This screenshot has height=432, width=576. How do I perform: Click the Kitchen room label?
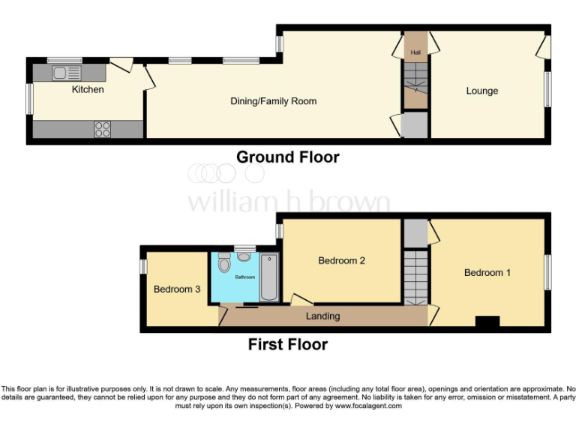pos(88,89)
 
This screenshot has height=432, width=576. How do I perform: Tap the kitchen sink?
pos(67,73)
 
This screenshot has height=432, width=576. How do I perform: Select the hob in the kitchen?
pos(103,129)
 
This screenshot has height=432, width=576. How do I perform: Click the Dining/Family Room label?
pos(273,100)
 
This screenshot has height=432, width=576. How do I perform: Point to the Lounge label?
pos(481,91)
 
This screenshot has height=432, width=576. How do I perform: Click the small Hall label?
pos(415,52)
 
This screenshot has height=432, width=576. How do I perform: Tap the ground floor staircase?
pos(415,82)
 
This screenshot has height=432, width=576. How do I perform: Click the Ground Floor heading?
pos(287,157)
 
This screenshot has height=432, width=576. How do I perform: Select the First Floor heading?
pos(287,345)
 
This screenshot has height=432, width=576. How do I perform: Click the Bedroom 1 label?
pos(487,272)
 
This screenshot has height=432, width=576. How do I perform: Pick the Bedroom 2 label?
pos(341,260)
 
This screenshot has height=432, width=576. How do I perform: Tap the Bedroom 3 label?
pos(176,289)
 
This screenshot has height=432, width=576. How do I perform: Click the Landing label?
pos(323,316)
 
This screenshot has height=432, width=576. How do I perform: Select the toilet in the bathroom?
pos(223,265)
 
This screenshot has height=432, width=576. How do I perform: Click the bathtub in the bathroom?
pos(269,277)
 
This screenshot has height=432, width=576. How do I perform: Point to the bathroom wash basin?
pos(244,256)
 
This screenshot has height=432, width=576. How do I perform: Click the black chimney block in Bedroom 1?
pos(487,322)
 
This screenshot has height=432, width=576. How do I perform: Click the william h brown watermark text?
pos(288,202)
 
